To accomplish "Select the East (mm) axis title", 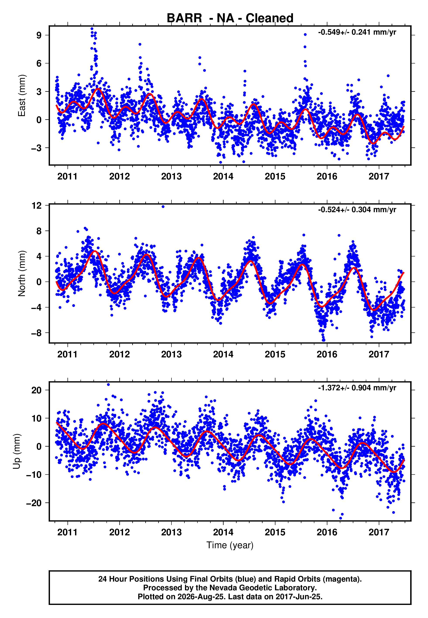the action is point(22,96).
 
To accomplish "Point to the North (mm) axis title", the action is point(22,273).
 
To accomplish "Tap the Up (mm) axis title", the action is point(17,451).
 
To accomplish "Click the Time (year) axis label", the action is point(230,545).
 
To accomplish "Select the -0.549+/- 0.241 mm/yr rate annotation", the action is point(357,32).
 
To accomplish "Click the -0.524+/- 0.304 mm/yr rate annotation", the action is point(357,210).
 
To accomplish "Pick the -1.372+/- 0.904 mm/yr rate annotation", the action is point(357,388).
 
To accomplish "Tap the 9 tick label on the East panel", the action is point(39,35).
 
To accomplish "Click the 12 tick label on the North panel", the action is point(37,206).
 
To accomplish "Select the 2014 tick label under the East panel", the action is point(223,176).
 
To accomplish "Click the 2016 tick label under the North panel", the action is point(327,354).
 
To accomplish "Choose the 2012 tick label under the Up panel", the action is point(119,532).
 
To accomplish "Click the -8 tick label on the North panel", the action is point(37,333).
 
